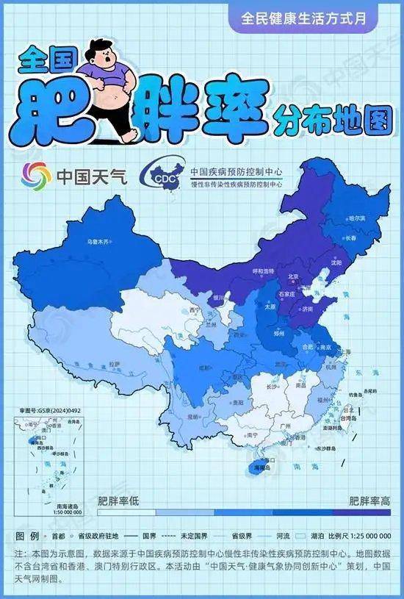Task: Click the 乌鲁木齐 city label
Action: [98, 241]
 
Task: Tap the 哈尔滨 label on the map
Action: [357, 218]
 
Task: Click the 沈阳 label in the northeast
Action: [336, 262]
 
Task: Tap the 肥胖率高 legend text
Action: [369, 501]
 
